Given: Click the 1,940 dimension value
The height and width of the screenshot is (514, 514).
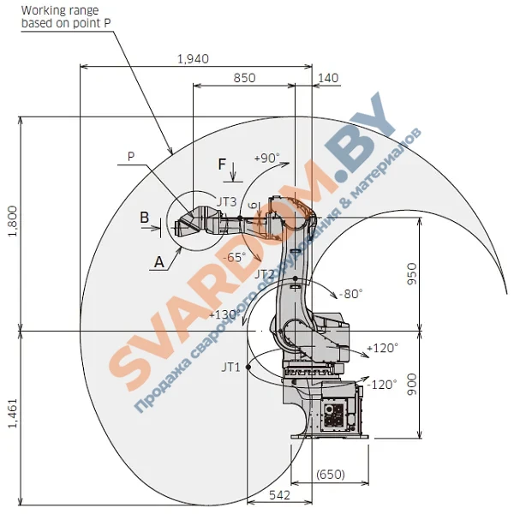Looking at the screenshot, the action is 193,59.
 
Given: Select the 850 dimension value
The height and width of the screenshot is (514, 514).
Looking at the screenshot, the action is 244,78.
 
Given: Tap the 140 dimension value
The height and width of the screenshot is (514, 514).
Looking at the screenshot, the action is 328,78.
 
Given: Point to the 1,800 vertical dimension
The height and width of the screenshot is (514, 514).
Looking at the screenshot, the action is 13,221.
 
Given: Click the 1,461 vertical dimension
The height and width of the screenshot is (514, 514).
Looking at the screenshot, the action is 13,414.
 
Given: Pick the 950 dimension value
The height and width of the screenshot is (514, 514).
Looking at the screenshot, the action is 412,274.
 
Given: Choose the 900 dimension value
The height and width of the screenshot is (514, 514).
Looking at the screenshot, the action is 412,384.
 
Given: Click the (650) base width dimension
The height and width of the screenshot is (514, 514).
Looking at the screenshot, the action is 331,475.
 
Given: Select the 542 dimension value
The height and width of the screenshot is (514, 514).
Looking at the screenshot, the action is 279,495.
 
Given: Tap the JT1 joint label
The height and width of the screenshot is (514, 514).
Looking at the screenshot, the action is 230,368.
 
